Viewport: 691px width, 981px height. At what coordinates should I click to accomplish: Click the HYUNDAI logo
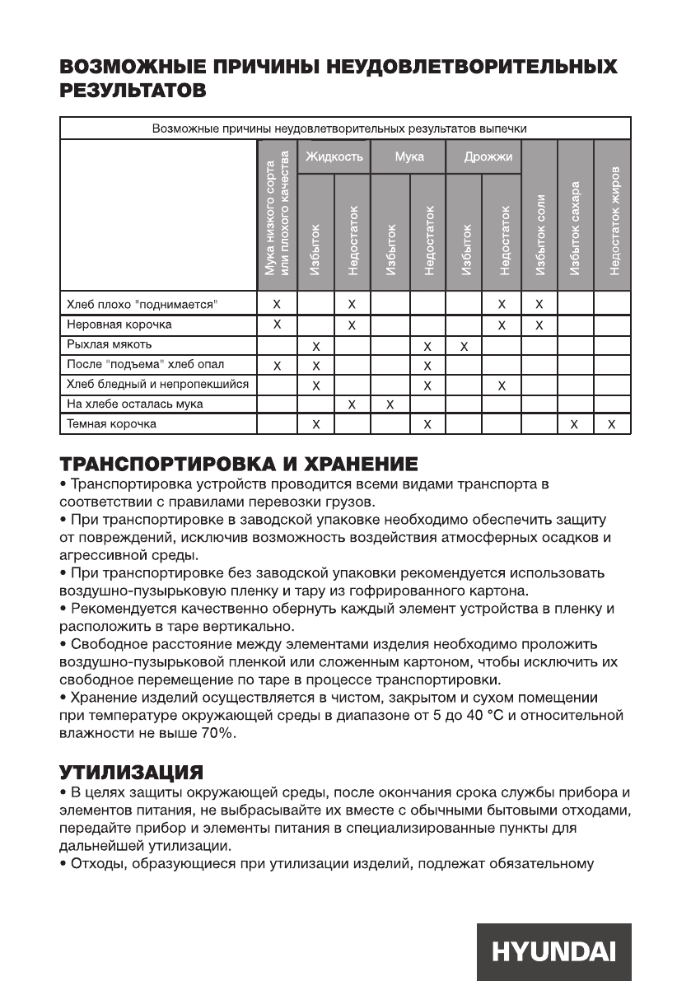click(x=553, y=951)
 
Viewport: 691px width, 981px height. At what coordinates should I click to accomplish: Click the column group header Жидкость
click(x=334, y=156)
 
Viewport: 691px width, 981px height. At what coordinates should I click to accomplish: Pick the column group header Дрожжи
click(x=483, y=156)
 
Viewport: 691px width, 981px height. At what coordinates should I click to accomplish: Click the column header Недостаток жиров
click(x=613, y=222)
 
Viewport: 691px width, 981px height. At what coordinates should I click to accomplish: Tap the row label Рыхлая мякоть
click(x=109, y=344)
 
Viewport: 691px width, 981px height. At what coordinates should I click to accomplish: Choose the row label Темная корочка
click(x=111, y=424)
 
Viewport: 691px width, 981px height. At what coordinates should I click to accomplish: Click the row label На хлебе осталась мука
click(x=134, y=404)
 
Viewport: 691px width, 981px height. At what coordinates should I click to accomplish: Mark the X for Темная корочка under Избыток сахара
click(x=576, y=425)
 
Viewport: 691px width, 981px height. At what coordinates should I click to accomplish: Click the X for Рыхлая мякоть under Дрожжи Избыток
click(x=465, y=345)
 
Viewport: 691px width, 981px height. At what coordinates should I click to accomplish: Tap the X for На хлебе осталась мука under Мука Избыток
click(x=390, y=404)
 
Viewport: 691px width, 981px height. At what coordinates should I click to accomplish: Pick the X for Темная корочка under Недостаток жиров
click(x=612, y=425)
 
